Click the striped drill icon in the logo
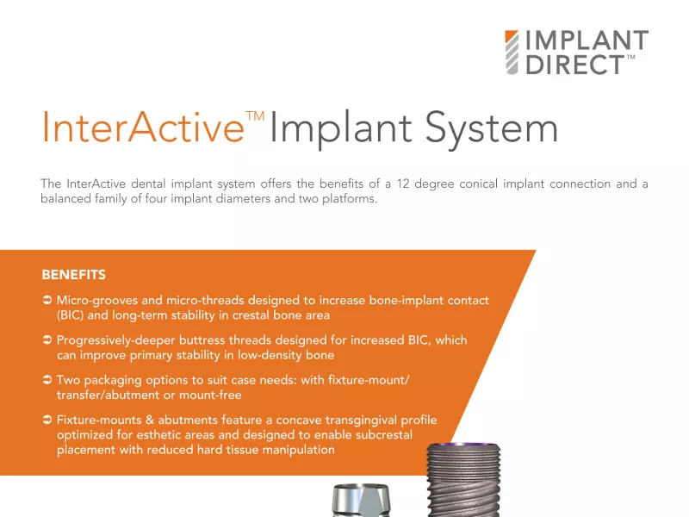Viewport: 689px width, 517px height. [x=512, y=52]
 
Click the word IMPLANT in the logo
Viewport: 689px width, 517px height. [x=587, y=40]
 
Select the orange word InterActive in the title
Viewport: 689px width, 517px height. [x=143, y=127]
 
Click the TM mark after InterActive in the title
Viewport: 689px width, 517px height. [x=255, y=115]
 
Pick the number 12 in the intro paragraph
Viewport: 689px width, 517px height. [x=403, y=184]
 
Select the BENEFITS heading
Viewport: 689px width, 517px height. [x=74, y=275]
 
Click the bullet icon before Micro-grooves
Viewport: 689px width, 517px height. [x=47, y=300]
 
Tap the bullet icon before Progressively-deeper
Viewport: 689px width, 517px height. [x=47, y=339]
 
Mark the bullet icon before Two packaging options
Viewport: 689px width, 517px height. [x=47, y=380]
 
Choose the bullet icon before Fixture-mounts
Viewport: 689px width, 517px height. [x=47, y=420]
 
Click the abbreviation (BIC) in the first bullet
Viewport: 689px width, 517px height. [x=71, y=315]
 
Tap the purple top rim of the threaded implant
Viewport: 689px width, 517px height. [x=463, y=445]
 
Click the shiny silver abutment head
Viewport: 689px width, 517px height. [x=361, y=501]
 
